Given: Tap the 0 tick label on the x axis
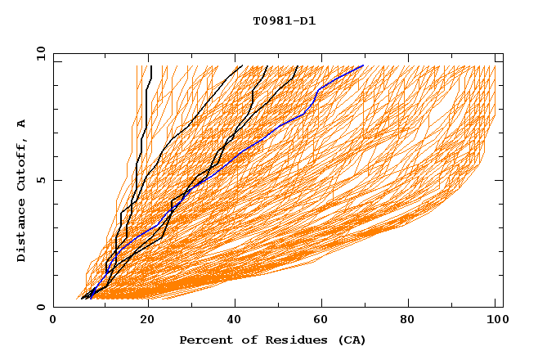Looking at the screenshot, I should (x=53, y=322).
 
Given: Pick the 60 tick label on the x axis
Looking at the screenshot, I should (x=324, y=322).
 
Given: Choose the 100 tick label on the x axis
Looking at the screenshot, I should (x=495, y=322).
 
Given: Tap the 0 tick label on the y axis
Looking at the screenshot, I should (x=40, y=307).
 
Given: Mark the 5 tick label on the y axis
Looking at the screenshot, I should (x=40, y=180).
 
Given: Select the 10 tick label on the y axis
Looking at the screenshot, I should (x=40, y=53).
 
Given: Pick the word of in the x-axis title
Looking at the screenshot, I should (x=242, y=340).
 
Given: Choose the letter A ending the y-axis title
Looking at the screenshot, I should (x=22, y=124).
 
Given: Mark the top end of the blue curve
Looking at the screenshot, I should (x=363, y=65).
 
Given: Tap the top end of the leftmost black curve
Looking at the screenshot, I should (x=151, y=65).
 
